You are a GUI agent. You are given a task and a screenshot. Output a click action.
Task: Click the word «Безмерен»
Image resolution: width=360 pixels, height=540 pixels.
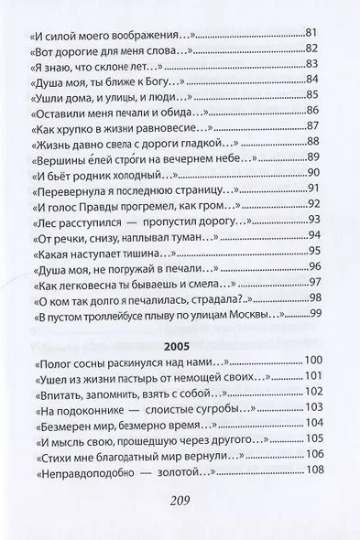coord(62,424)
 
